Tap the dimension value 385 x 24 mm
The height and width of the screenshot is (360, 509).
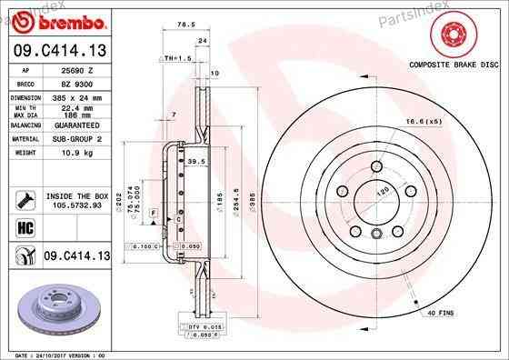click(75, 95)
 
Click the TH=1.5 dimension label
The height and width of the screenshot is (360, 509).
click(175, 57)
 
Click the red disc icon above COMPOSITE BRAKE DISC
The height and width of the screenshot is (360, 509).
click(452, 37)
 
